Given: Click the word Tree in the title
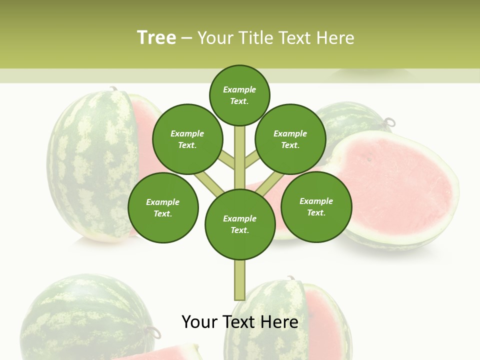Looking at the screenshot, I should (x=156, y=37).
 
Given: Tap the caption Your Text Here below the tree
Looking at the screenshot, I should (x=239, y=322).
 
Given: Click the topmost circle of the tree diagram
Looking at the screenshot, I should (x=239, y=95).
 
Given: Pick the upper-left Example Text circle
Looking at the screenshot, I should (x=187, y=139).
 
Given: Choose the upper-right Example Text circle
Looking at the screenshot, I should (x=290, y=139).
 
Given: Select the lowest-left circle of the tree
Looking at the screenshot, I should (x=163, y=207).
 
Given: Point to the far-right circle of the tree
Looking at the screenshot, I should (x=316, y=206).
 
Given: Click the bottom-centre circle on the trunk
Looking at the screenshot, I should (x=240, y=224).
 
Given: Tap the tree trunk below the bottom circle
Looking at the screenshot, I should (x=239, y=280).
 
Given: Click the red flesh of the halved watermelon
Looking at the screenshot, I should (x=395, y=185).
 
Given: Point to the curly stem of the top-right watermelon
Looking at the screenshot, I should (x=389, y=121).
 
